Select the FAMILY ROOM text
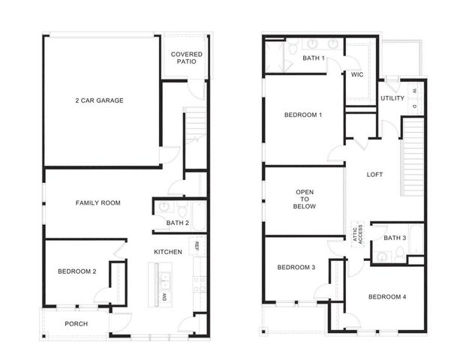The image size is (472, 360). point(98,202)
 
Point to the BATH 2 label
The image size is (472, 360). point(179,222)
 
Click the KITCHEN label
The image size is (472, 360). point(168,252)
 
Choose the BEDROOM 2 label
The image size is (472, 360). point(77,271)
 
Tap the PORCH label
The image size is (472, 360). point(76,324)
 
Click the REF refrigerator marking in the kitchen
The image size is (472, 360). point(197,246)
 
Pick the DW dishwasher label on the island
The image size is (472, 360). point(165,297)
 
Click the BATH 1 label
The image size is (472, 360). point(314,58)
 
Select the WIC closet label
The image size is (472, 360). point(357,74)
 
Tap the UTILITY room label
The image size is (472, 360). point(392,98)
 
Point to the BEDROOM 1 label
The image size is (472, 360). point(303,115)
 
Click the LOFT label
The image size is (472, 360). point(374,175)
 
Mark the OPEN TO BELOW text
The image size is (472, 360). point(305,199)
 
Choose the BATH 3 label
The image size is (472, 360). point(395,238)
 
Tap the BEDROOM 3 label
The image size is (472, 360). point(296,268)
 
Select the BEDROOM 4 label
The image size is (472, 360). point(387,297)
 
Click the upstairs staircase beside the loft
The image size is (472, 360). point(410,157)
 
